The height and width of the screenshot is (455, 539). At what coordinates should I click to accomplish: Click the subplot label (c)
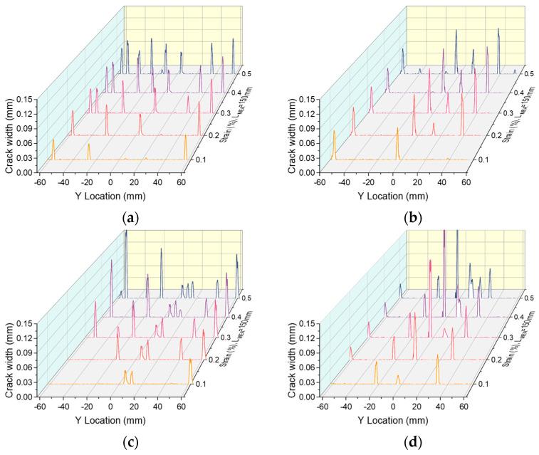tap(132, 442)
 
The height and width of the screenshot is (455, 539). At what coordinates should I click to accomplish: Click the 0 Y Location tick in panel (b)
tap(394, 182)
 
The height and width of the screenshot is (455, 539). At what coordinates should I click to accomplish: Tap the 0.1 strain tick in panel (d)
tap(483, 384)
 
